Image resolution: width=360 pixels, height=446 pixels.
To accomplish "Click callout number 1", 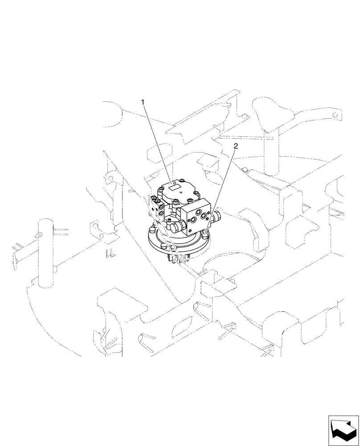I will click(143, 103).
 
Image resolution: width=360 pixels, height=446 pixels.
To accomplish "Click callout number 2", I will click(236, 146).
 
